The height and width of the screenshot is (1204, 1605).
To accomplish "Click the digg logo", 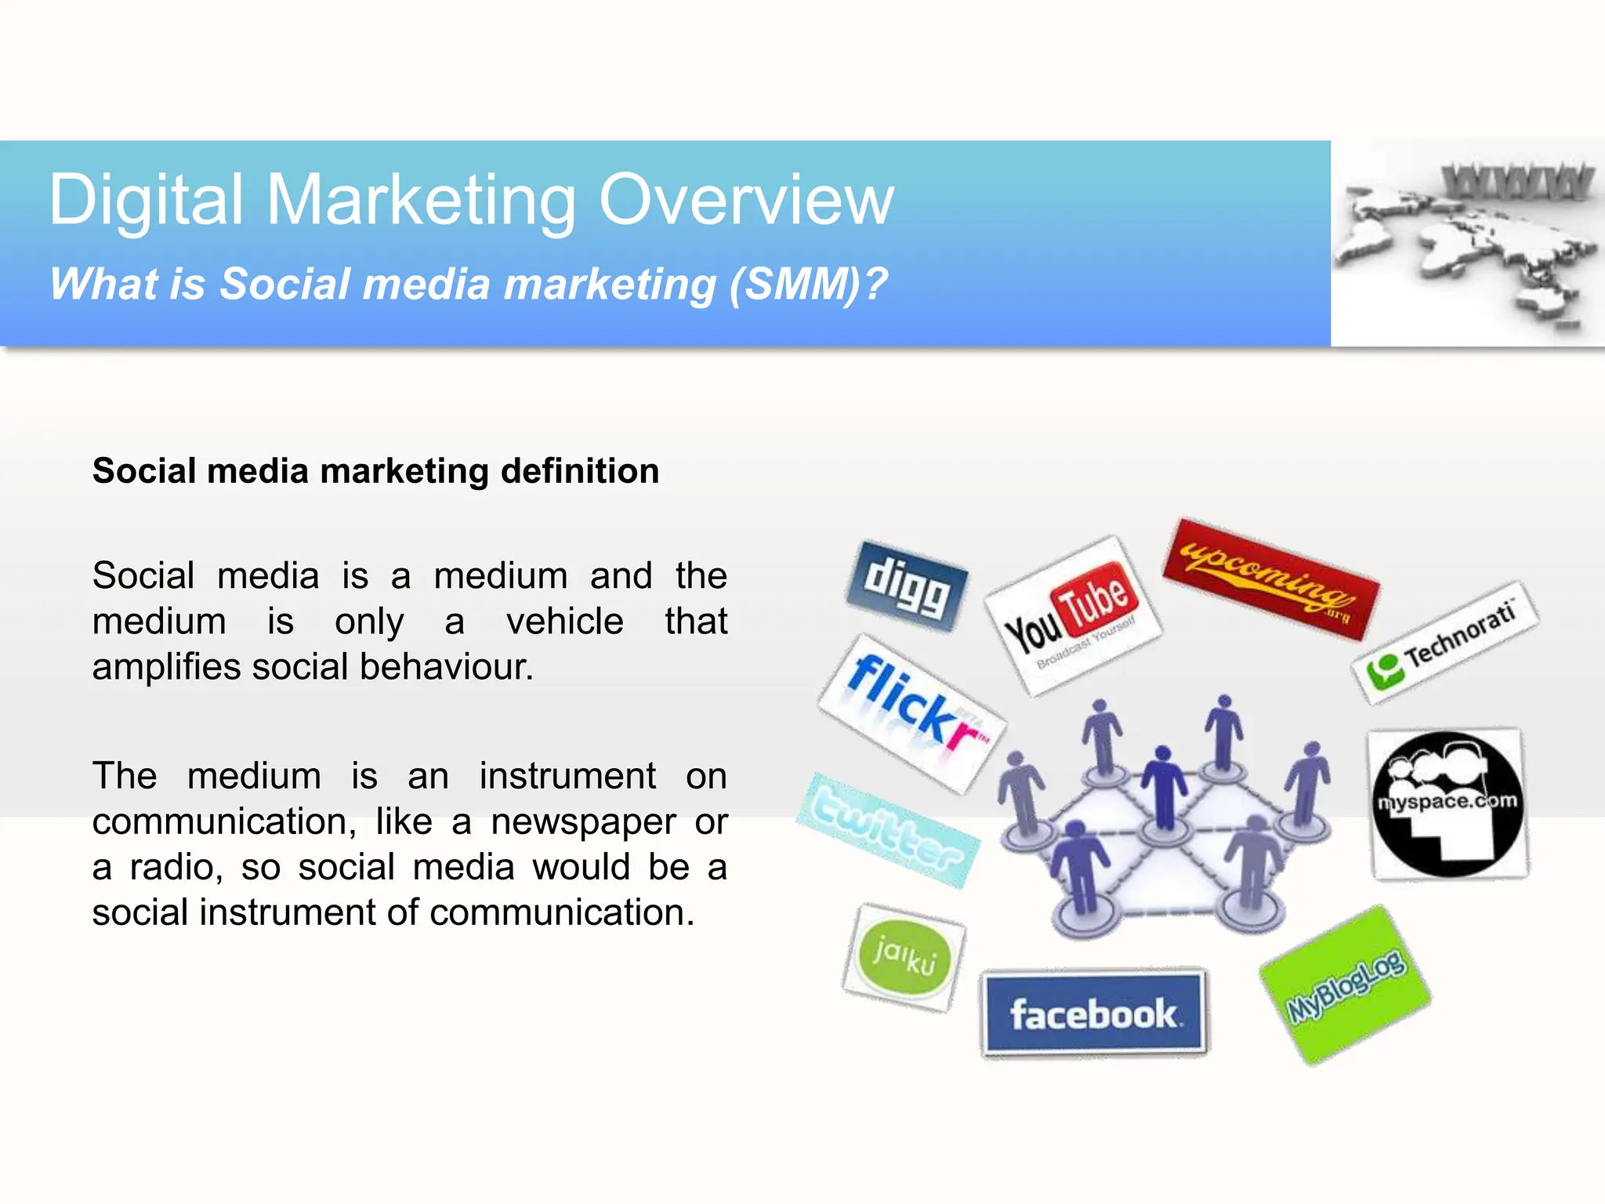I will point(907,586).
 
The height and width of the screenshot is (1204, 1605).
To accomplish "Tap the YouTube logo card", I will point(1073,615).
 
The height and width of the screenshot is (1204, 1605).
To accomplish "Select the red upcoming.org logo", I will point(1270,578).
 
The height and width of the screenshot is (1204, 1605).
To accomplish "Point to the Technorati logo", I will point(1445,643).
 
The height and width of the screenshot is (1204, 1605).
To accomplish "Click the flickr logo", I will point(912,713).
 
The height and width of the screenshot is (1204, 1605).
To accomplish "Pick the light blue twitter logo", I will point(889,830).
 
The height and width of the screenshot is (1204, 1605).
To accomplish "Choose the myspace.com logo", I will point(1448,803).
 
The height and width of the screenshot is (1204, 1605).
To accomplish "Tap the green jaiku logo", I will point(904,957).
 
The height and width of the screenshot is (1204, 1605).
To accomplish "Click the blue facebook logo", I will point(1094,1013).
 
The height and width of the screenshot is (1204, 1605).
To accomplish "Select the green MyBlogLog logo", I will point(1346,985).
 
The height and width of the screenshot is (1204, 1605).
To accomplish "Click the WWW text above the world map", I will point(1517,182).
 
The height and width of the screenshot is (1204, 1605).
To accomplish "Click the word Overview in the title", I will point(746,201).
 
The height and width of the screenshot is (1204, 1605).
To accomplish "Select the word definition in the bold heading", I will point(580,471).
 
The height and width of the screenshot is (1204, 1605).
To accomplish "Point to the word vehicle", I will point(565,622).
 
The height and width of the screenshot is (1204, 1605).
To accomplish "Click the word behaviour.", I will point(447,667).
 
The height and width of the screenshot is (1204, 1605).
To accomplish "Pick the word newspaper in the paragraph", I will point(583,821).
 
